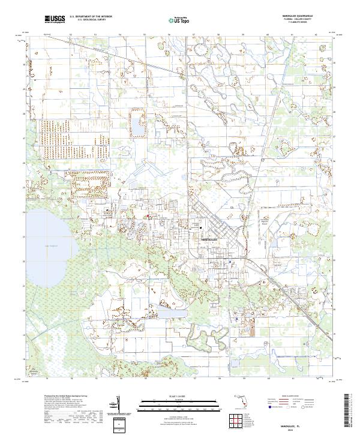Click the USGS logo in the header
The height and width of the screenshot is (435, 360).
[x=55, y=20]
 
